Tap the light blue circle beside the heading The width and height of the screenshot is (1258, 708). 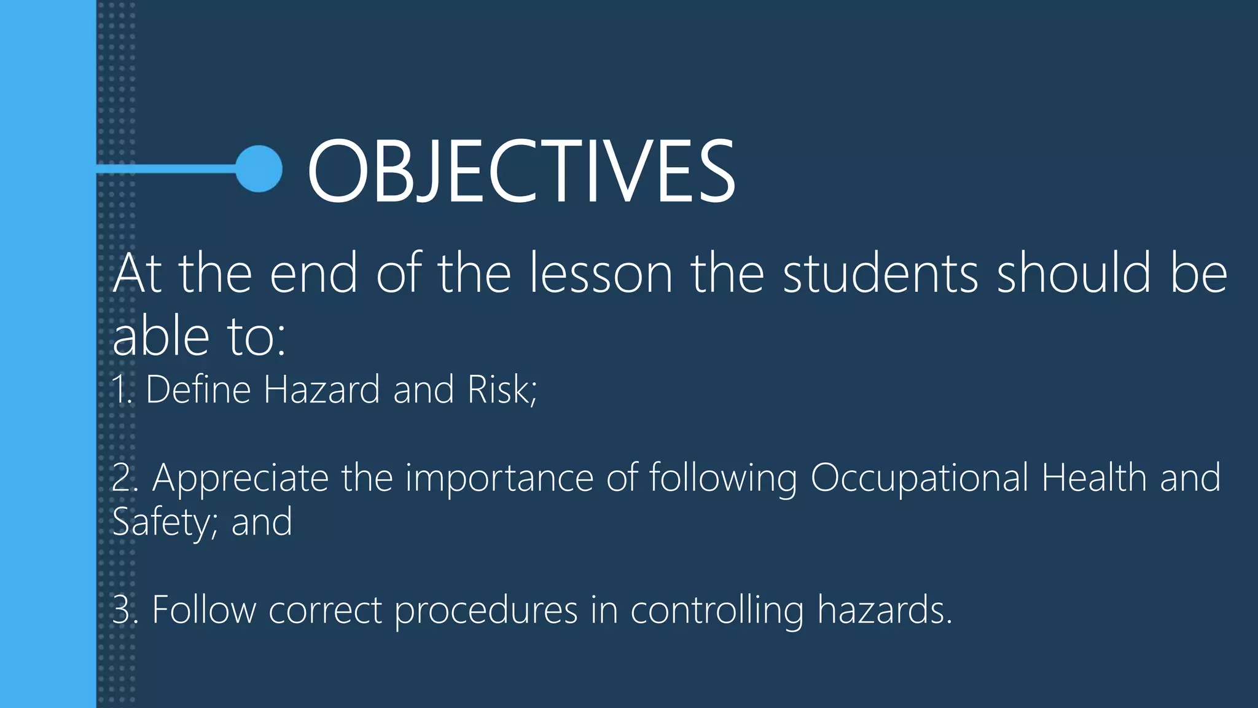click(x=259, y=168)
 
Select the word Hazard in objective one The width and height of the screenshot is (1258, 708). click(x=321, y=390)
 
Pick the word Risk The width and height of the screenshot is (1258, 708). click(x=501, y=390)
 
